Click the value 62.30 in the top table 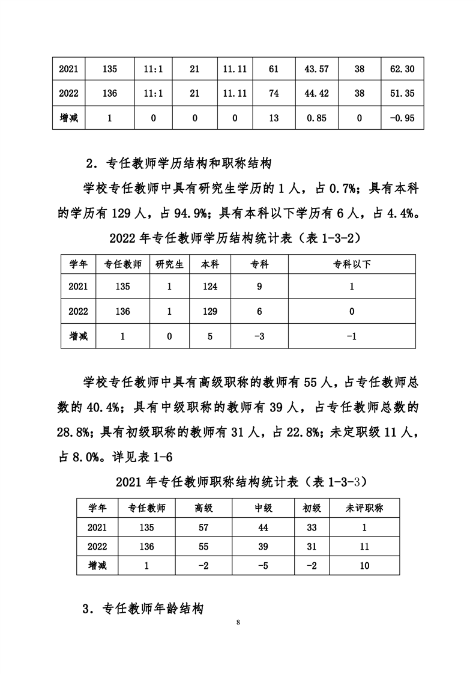coord(402,69)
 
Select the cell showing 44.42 coord(316,94)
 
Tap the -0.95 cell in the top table coord(402,118)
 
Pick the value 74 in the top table coord(274,94)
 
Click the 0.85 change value coord(316,118)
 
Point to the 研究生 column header coord(169,264)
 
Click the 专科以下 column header coord(352,264)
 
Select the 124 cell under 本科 coord(209,287)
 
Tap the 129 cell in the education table coord(209,311)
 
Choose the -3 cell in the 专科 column coord(259,336)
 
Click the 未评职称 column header coord(364,508)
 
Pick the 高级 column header coord(204,508)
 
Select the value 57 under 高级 coord(204,527)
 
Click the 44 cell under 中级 coord(264,527)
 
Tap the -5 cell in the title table coord(264,565)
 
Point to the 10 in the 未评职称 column coord(364,565)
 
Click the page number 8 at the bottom coord(238,622)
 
